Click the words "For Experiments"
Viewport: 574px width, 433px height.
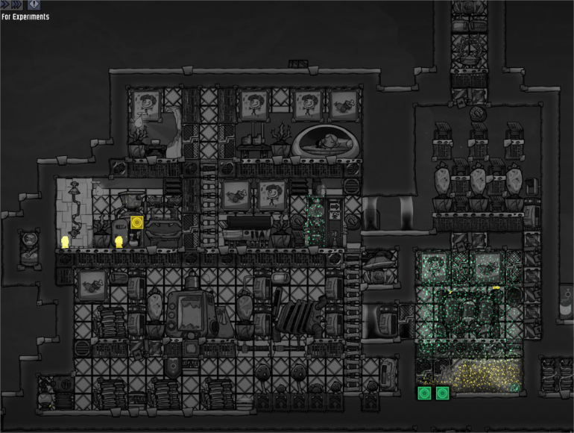point(25,16)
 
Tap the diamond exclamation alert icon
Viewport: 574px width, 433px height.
point(34,4)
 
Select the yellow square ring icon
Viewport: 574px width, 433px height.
point(137,222)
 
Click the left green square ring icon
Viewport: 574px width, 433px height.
point(424,393)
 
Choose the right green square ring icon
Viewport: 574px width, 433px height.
point(442,393)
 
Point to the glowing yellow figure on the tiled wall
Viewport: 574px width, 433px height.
point(65,242)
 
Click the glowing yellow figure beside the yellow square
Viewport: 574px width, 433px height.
point(119,242)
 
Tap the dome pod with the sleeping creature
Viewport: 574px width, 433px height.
point(326,141)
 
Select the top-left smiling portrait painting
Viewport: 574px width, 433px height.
point(146,105)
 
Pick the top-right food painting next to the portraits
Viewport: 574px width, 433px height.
point(344,105)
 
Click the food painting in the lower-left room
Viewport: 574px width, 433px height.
point(92,285)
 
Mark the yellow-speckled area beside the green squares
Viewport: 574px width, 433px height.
point(485,376)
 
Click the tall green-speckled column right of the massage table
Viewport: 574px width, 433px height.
point(315,221)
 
